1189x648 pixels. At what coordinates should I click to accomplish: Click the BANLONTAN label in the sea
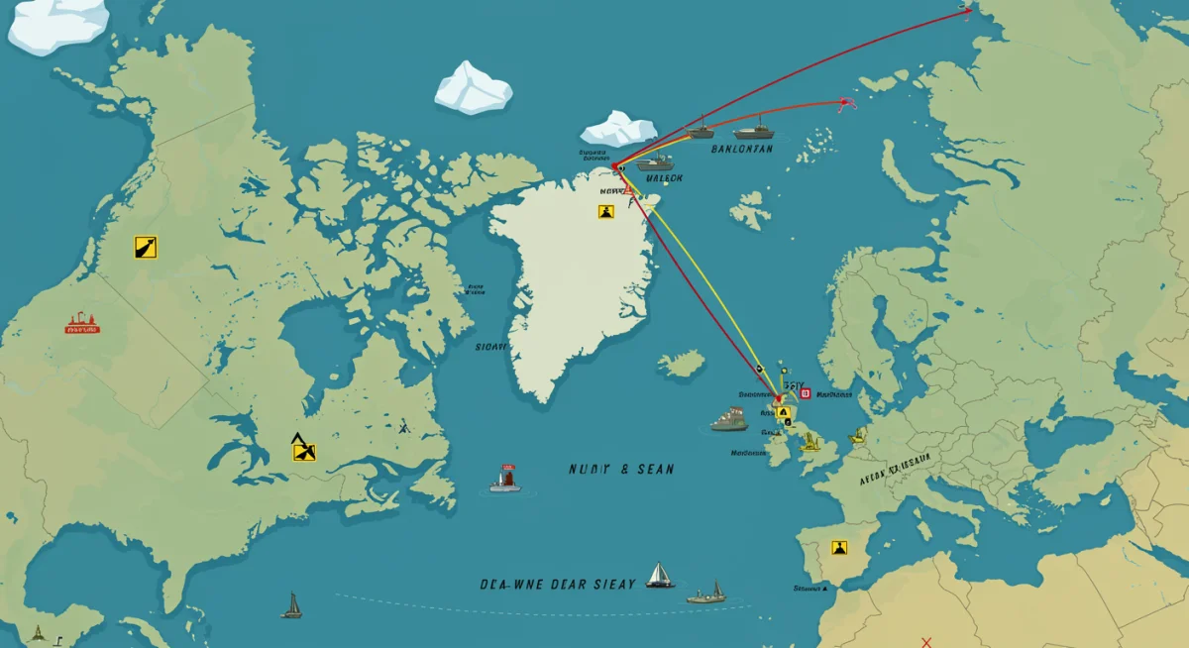pos(741,150)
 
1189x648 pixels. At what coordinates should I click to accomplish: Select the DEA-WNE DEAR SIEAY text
pos(557,585)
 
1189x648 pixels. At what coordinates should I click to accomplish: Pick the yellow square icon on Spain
pos(840,547)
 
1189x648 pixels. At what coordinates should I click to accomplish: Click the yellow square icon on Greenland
pos(606,211)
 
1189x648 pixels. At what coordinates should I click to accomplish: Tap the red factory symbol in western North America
pos(82,324)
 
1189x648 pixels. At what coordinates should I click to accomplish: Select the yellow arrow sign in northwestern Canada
pos(145,247)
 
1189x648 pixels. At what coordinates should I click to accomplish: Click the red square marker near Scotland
pos(805,393)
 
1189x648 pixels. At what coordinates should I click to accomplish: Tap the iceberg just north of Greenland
pos(618,129)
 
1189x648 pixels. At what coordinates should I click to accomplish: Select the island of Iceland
pos(683,364)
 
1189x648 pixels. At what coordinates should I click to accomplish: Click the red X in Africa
pos(926,642)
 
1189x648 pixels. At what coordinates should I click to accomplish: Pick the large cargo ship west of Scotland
pos(730,418)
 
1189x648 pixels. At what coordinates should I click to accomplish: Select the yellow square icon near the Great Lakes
pos(304,451)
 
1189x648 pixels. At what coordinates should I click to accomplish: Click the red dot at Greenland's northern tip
pos(615,165)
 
